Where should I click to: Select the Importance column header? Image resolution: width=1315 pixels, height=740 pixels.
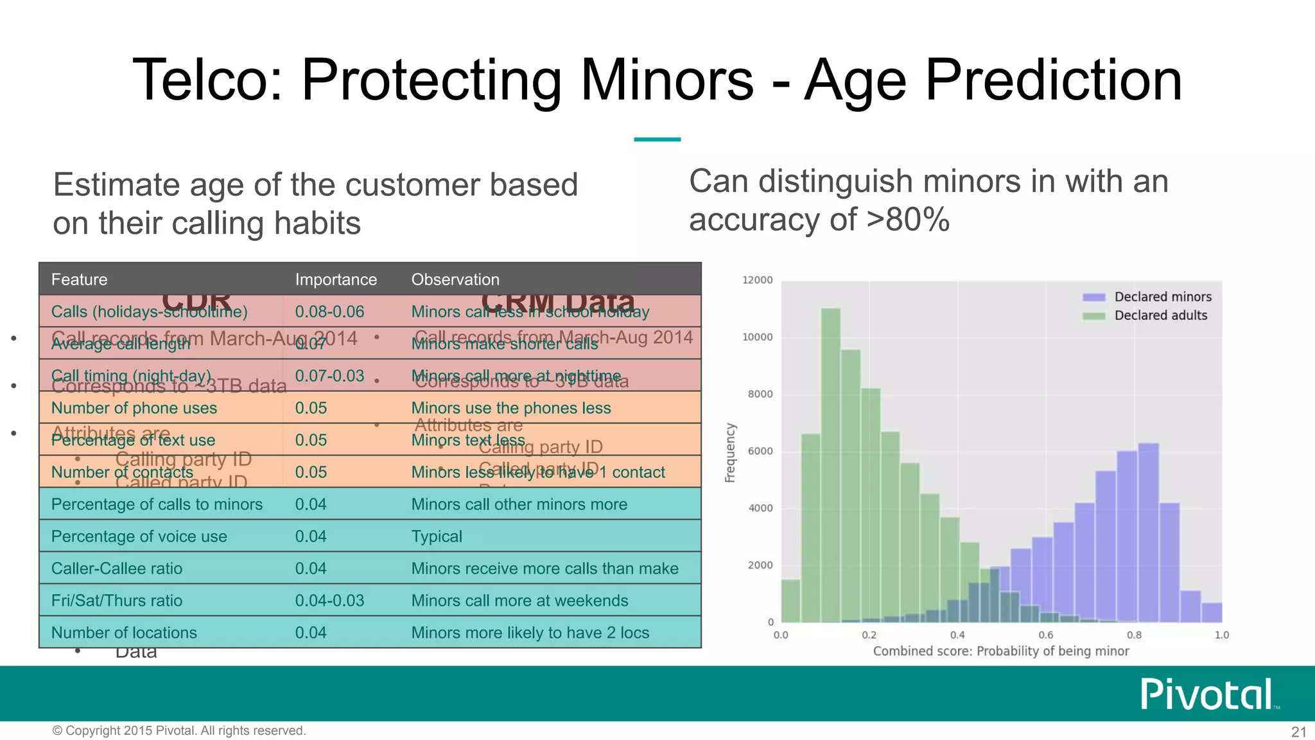pos(335,279)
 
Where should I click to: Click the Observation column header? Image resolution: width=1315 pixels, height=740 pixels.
pos(455,279)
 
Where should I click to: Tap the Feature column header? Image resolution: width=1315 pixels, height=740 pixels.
pos(79,279)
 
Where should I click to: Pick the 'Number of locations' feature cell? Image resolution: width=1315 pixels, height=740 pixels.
pos(124,633)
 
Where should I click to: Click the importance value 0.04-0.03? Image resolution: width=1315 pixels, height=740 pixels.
pos(329,601)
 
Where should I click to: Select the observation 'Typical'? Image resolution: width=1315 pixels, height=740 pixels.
pos(436,536)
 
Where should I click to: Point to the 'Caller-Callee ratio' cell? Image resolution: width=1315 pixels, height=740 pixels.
pos(116,568)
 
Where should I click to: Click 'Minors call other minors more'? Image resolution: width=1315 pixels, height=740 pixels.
pos(519,504)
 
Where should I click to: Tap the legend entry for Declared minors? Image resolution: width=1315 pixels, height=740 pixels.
pos(1162,297)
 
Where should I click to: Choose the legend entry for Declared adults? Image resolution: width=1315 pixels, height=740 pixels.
pos(1160,315)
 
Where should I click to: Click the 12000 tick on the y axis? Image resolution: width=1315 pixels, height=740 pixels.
pos(757,280)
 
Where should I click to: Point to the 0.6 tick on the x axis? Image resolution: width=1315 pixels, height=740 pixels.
pos(1045,635)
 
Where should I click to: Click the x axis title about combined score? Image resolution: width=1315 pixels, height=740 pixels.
pos(1000,651)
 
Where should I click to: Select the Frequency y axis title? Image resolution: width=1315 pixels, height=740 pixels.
pos(730,452)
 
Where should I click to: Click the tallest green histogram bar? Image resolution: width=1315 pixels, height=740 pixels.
pos(830,463)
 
